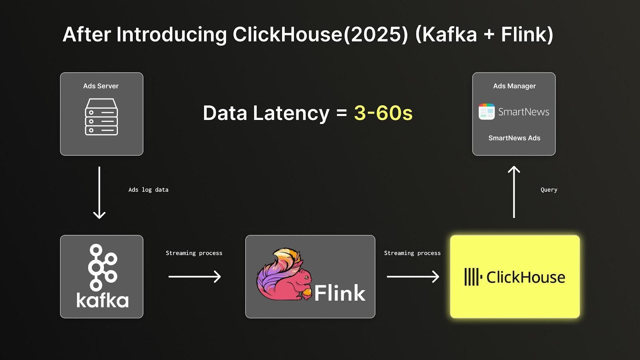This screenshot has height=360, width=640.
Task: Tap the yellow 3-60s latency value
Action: click(x=383, y=113)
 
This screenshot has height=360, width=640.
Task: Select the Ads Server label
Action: click(x=100, y=86)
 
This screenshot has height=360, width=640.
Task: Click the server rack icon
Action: click(x=102, y=117)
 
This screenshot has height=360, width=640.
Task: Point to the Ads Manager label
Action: click(x=514, y=86)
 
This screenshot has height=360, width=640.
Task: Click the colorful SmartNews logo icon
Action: click(x=486, y=112)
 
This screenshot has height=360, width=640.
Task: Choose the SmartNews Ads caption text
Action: click(x=514, y=138)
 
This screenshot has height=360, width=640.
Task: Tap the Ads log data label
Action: click(x=148, y=190)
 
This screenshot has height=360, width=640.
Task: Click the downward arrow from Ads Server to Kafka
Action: click(x=100, y=192)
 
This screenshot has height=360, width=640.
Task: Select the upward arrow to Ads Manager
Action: click(x=514, y=192)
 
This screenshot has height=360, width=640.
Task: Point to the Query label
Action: click(x=549, y=190)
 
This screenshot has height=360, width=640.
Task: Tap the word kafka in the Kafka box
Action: click(x=102, y=300)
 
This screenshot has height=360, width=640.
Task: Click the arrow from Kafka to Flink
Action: click(x=194, y=276)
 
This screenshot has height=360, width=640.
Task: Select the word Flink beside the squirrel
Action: click(x=340, y=293)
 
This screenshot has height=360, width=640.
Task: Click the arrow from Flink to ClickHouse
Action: click(x=413, y=276)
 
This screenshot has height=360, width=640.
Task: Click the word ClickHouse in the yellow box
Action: click(x=526, y=277)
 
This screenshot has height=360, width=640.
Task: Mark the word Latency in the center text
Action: click(x=291, y=113)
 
